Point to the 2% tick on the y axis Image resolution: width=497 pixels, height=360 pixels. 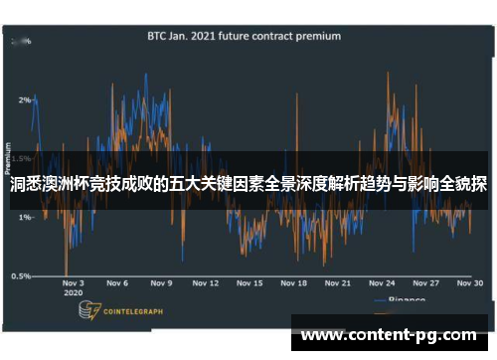coord(23,100)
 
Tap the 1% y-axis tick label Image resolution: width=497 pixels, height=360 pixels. coord(23,217)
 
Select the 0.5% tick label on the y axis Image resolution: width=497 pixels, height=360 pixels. coord(20,276)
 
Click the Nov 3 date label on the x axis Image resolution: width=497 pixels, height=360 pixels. coord(74,283)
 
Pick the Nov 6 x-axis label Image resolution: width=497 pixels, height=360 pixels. coord(117,283)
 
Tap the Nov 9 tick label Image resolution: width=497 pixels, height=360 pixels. coord(161,283)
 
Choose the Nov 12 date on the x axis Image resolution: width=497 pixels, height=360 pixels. coord(206,283)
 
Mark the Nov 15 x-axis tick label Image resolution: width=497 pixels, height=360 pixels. coord(250,283)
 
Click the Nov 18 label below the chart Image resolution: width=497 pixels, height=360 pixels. coord(294,283)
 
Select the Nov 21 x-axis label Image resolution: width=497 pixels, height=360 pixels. coord(338,283)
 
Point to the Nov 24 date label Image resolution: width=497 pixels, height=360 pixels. coord(383,283)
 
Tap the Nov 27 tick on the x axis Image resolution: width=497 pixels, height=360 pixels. coord(426,283)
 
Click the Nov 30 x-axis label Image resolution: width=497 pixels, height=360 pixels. coord(470,283)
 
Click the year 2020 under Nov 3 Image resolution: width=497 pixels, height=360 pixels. coord(73,294)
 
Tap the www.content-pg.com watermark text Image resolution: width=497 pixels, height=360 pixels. coord(389,335)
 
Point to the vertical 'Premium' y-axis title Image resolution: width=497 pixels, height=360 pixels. coord(9,159)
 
